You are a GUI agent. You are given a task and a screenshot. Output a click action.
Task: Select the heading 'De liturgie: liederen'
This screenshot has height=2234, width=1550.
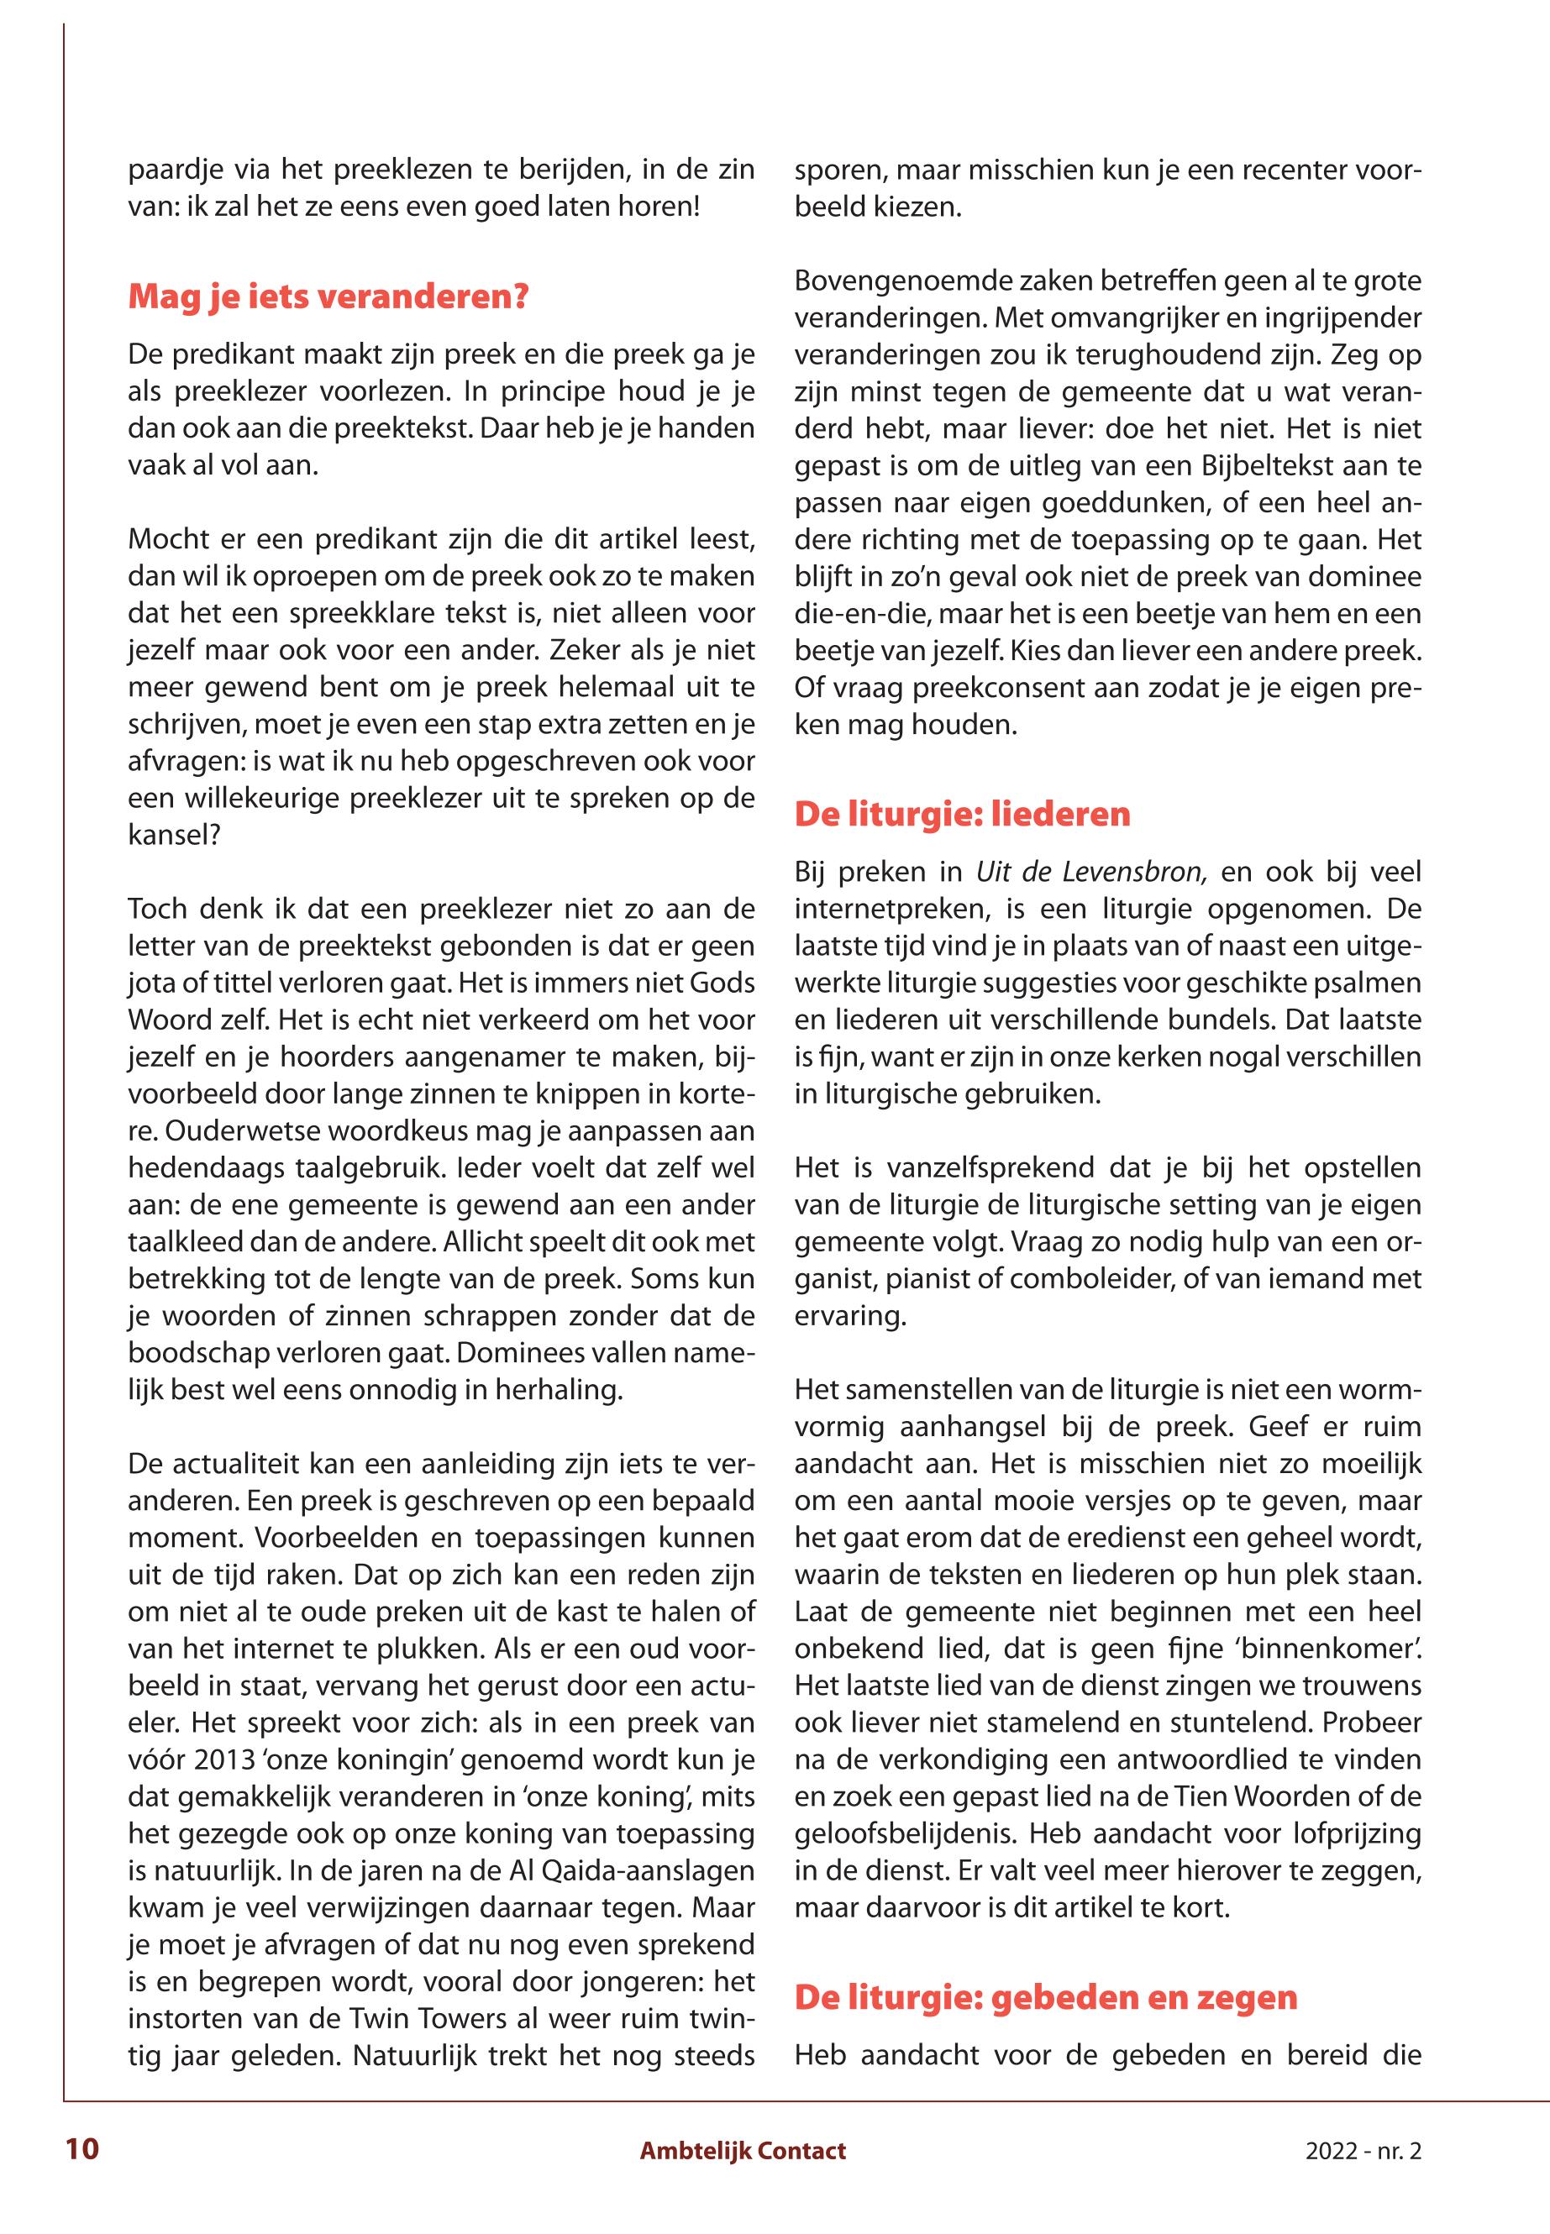click(x=963, y=814)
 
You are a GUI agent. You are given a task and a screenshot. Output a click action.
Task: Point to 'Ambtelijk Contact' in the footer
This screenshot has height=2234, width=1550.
click(x=743, y=2151)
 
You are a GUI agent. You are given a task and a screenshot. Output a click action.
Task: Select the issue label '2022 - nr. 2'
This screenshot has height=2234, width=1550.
click(x=1363, y=2151)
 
